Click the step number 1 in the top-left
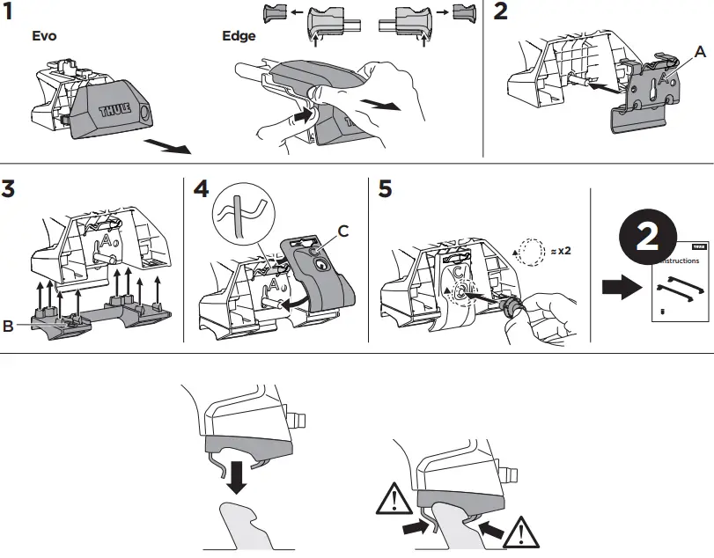(11, 12)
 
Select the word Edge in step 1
(239, 37)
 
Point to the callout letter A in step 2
(700, 52)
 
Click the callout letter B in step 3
(9, 325)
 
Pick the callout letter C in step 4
(343, 231)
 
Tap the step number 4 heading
(201, 189)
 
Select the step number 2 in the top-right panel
(502, 12)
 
